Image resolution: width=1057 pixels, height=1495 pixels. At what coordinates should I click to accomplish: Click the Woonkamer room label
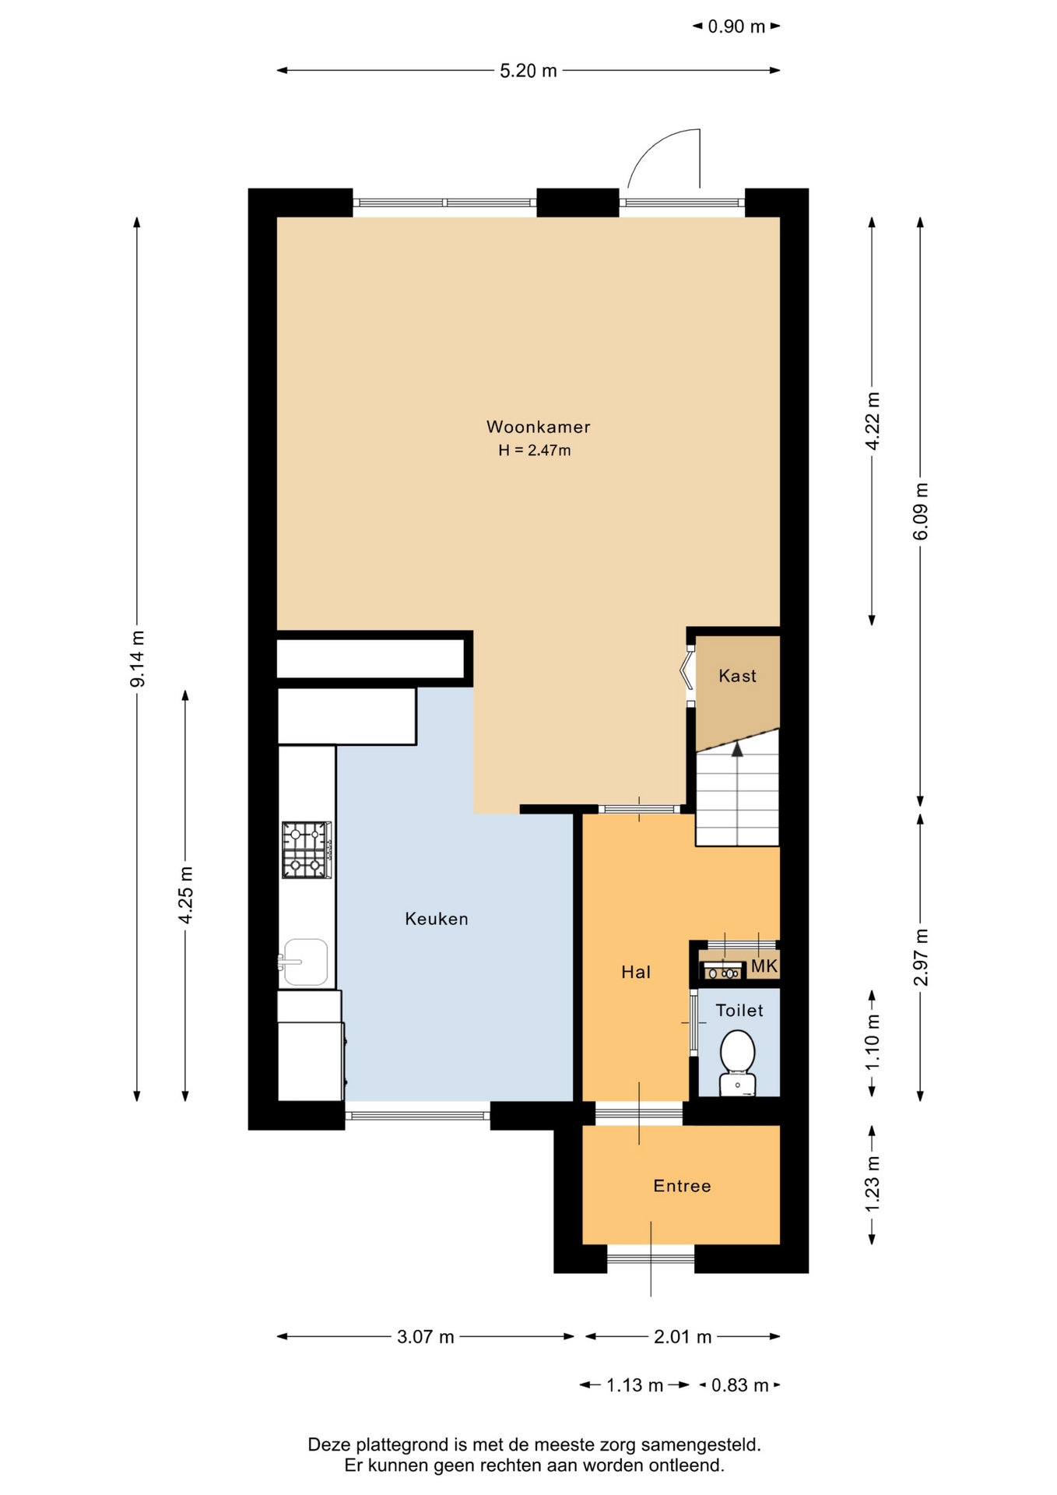538,427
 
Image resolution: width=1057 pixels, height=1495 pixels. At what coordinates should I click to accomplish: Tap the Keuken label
437,919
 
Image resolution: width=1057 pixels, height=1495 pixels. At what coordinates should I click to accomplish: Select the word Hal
636,972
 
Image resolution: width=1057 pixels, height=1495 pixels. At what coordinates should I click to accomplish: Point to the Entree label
682,1186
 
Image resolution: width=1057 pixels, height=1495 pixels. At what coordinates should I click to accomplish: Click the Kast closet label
737,676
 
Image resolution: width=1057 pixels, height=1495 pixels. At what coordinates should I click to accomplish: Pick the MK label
764,966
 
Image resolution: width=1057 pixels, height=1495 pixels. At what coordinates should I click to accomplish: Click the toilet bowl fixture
737,1062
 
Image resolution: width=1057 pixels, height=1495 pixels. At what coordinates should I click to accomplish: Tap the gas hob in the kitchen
307,850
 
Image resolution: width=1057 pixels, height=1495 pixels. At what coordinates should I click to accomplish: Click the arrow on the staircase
736,749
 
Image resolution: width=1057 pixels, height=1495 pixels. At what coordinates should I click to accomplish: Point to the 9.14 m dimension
138,659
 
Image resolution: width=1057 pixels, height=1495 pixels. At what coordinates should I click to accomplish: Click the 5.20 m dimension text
528,71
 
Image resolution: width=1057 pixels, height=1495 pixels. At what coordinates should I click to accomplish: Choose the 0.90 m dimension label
736,26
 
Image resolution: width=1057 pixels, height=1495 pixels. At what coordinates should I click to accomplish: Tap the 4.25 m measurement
186,895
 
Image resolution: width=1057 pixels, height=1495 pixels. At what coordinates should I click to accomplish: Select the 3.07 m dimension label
426,1337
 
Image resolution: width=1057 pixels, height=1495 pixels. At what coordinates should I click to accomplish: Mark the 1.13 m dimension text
634,1385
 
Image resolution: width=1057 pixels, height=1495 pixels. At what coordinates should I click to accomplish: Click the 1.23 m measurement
873,1184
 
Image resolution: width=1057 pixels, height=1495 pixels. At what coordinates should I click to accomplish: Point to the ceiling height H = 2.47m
535,450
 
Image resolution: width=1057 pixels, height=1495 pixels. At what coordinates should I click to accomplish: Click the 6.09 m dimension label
921,511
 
